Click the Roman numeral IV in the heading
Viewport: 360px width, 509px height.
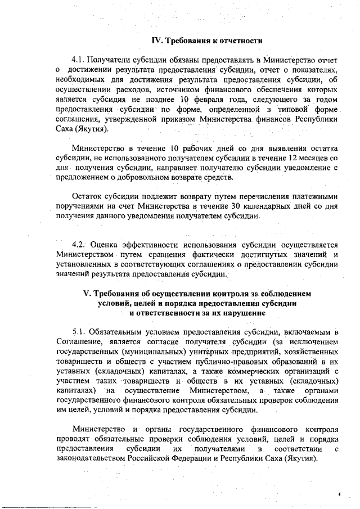[158, 40]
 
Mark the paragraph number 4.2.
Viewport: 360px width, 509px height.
[81, 245]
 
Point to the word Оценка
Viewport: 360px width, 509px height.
[106, 245]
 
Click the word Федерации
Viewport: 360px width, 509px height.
[208, 459]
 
